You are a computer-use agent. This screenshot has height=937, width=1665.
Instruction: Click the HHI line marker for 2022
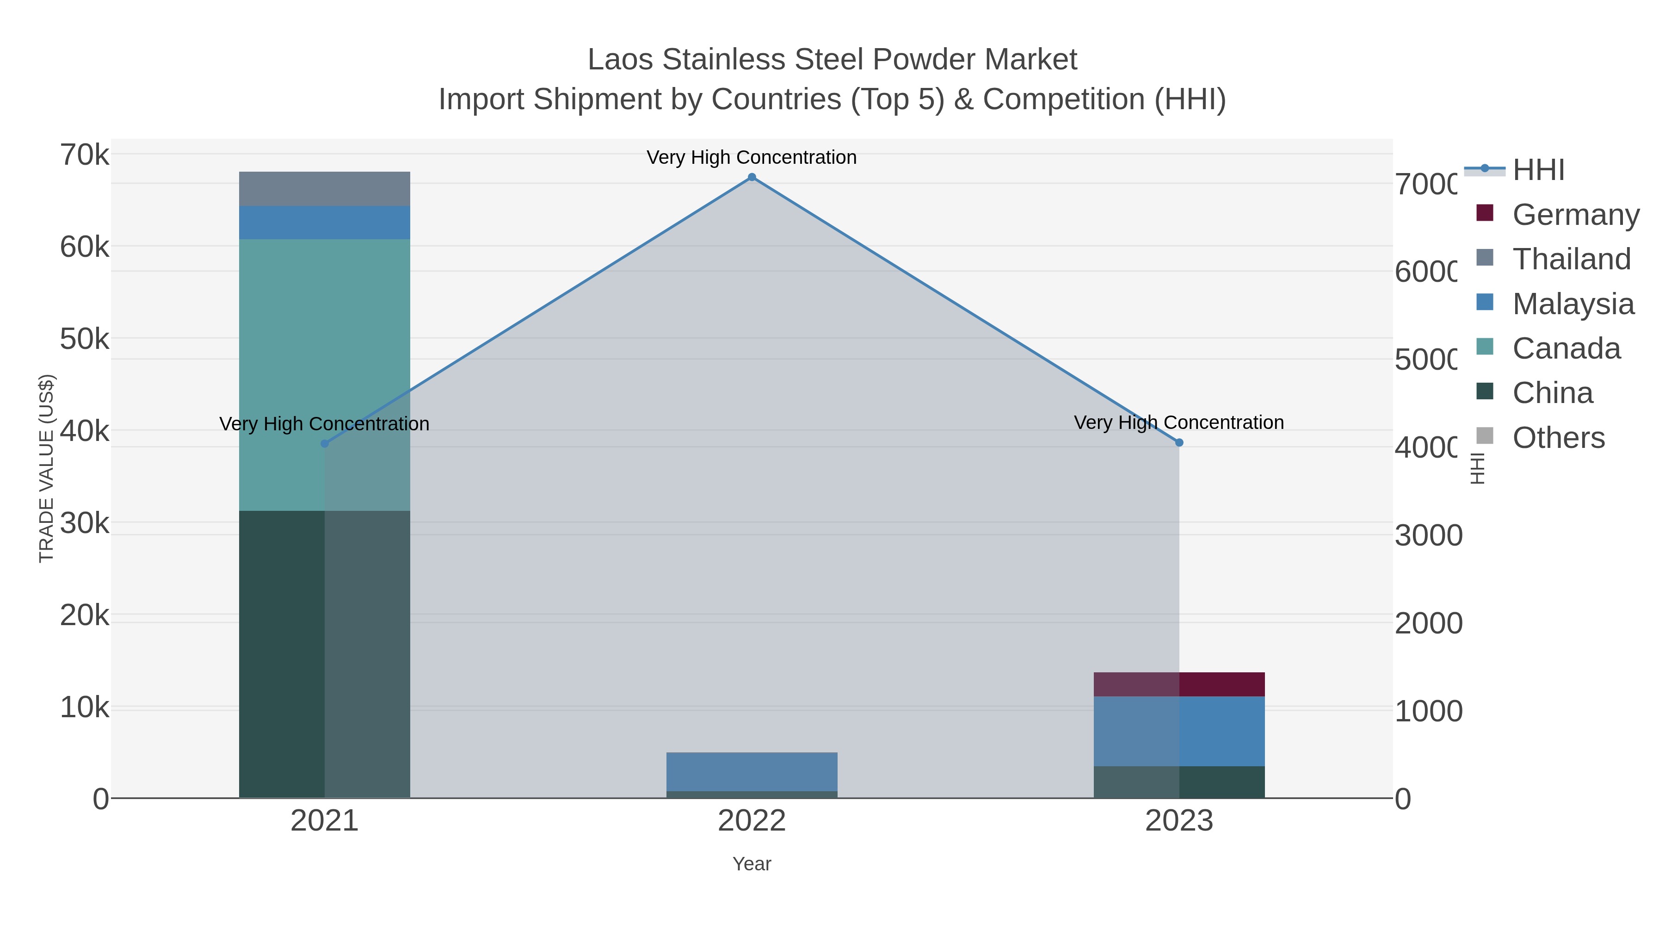pos(752,177)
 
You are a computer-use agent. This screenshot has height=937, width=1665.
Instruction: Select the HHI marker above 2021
pos(325,444)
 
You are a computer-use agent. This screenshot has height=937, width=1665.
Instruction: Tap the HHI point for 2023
pos(1179,443)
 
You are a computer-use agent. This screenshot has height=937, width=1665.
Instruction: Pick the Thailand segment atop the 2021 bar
pos(325,189)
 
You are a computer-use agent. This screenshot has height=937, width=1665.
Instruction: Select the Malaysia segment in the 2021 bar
pos(325,223)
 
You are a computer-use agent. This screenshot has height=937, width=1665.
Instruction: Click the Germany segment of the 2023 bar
pos(1179,684)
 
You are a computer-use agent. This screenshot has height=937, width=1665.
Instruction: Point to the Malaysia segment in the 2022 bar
pos(752,771)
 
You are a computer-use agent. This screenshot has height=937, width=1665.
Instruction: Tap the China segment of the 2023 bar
pos(1179,782)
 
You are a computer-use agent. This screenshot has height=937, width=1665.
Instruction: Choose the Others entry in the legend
pos(1558,438)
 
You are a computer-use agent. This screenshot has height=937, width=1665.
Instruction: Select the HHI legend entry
pos(1538,170)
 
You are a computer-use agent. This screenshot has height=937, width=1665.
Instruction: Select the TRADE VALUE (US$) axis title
pos(47,468)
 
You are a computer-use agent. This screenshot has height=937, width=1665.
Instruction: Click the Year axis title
pos(752,864)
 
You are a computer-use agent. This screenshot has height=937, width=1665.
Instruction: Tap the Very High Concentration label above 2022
pos(752,157)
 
